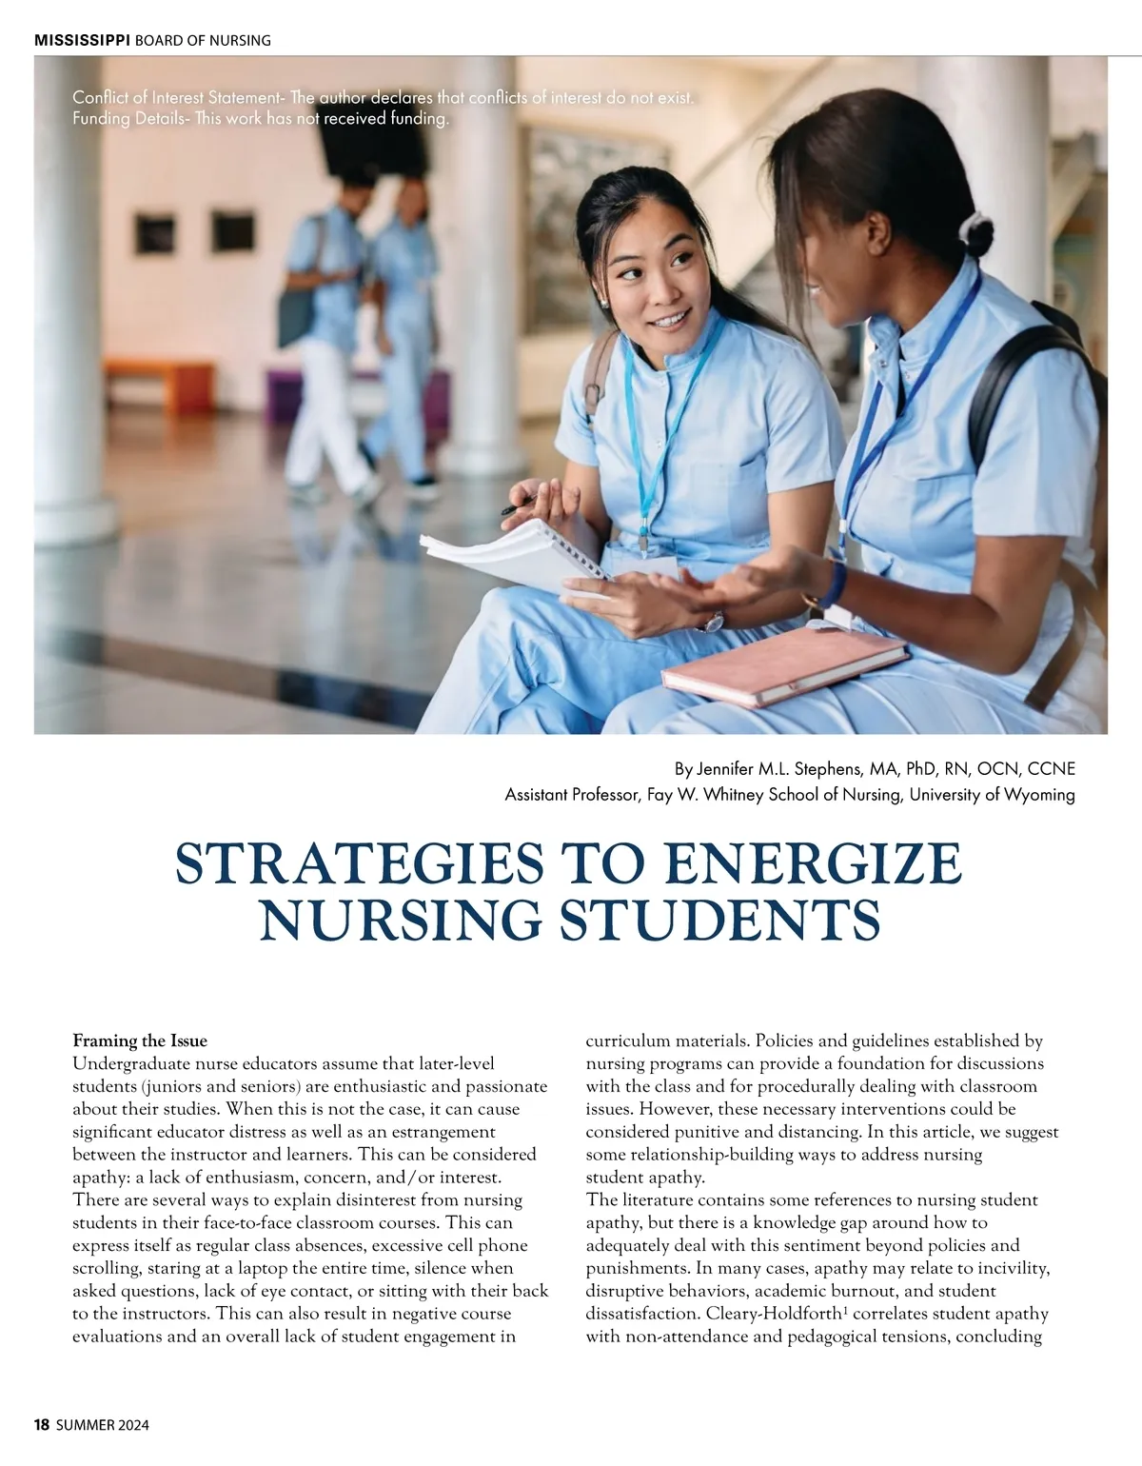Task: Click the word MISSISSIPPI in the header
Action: [x=82, y=40]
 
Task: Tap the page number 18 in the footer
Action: [x=41, y=1424]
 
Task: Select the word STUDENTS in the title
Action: [x=717, y=920]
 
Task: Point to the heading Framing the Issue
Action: [x=140, y=1040]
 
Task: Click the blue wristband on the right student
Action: [x=836, y=583]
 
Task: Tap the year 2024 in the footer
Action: [x=131, y=1424]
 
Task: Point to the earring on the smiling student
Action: [x=602, y=302]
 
